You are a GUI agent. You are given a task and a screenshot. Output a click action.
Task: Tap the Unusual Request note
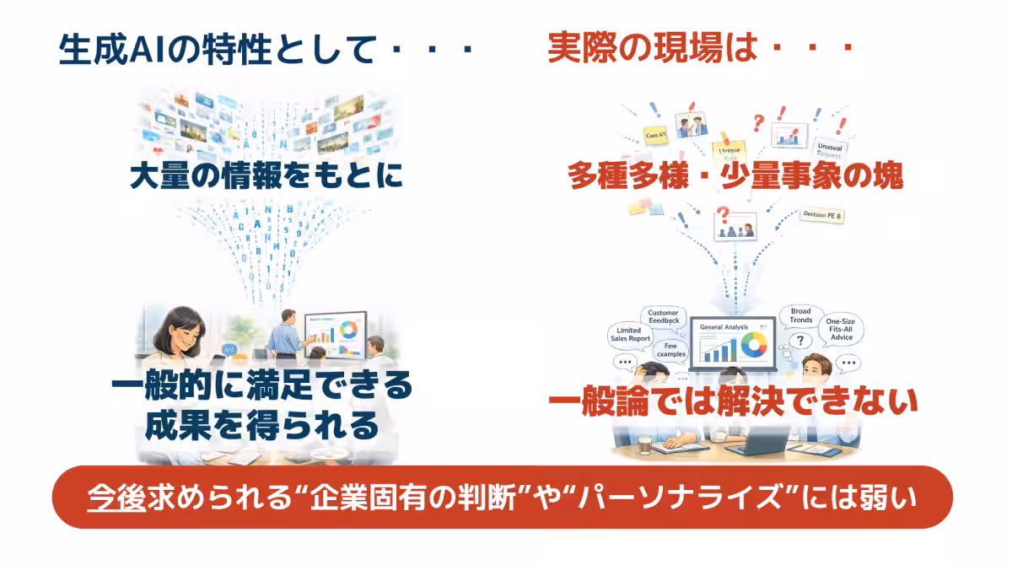point(830,152)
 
